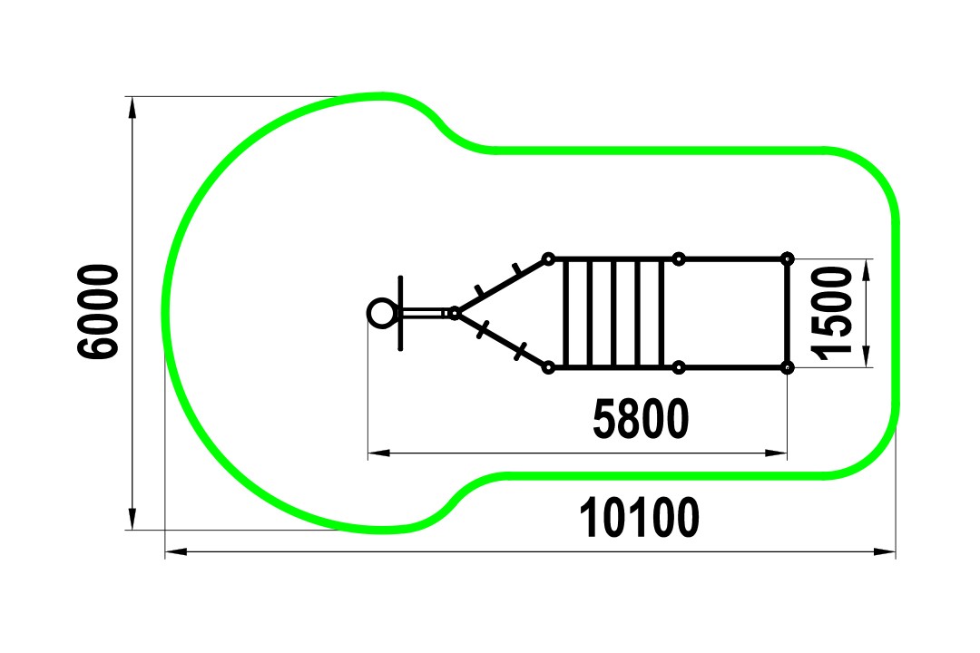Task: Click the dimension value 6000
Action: [x=97, y=312]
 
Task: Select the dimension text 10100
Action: [x=639, y=518]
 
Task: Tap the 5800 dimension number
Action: [x=641, y=418]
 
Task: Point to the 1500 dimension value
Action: [x=832, y=313]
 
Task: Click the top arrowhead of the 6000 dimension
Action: [x=132, y=108]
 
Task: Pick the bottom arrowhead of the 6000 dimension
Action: [x=132, y=519]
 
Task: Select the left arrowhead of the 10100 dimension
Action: [x=176, y=551]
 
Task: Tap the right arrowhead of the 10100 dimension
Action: [x=885, y=551]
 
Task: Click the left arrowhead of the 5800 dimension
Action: [x=378, y=453]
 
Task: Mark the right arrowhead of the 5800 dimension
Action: [x=776, y=453]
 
